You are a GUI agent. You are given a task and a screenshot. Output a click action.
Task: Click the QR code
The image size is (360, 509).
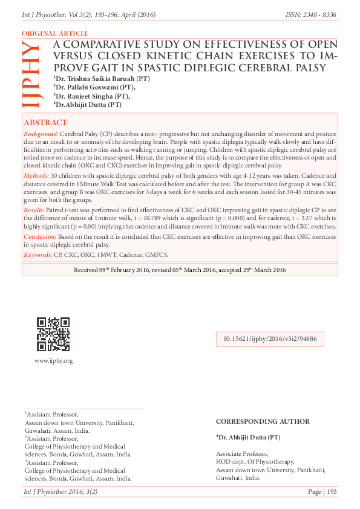[x=53, y=334]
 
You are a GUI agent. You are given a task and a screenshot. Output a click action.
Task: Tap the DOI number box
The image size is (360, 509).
[x=270, y=339]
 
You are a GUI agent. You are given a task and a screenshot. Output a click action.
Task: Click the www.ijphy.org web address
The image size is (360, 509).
[x=53, y=361]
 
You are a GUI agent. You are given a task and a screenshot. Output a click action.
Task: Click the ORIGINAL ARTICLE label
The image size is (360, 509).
[x=54, y=34]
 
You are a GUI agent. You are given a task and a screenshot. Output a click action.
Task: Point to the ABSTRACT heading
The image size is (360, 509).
[x=45, y=122]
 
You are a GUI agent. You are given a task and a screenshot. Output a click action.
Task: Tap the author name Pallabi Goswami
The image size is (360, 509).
[x=90, y=87]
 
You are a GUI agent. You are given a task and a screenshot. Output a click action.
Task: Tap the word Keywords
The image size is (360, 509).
[x=38, y=256]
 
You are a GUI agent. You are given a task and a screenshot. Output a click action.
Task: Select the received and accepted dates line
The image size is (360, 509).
[x=180, y=270]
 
